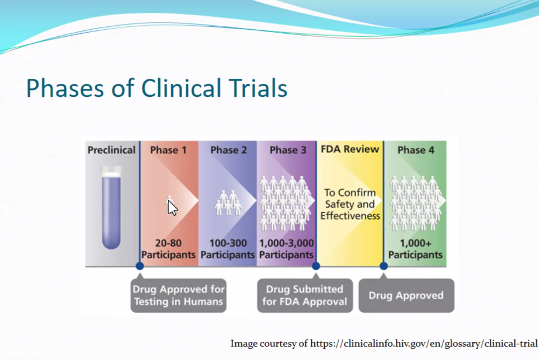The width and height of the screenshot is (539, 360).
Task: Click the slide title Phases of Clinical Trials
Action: point(157,88)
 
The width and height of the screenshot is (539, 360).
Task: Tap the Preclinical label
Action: point(112,150)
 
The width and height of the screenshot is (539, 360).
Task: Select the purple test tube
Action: point(112,208)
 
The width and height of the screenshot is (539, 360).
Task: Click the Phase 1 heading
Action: point(168,150)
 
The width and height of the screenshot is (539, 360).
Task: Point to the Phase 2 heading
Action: point(228,150)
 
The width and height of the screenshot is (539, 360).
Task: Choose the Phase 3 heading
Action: point(288,150)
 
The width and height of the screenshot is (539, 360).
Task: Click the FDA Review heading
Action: point(350,149)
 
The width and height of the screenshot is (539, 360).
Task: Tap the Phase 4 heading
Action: point(416,150)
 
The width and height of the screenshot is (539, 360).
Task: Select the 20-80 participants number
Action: point(168,243)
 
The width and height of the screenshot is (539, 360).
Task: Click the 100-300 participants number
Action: point(228,243)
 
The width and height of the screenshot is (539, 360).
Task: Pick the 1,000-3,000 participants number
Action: point(286,243)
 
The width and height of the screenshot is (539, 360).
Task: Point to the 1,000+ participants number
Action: point(415,243)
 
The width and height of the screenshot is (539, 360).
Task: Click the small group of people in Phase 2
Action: point(228,203)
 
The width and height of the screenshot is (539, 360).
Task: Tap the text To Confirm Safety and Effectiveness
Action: point(350,204)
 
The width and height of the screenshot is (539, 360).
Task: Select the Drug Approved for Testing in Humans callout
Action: point(179,295)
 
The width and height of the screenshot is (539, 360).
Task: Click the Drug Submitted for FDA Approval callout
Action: point(305,295)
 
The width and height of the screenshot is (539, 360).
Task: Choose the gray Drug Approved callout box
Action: point(406,295)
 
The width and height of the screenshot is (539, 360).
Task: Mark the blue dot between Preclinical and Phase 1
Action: point(140,266)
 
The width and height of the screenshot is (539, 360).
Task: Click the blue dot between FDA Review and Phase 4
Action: point(384,266)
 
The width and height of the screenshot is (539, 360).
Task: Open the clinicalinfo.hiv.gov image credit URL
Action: point(423,344)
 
